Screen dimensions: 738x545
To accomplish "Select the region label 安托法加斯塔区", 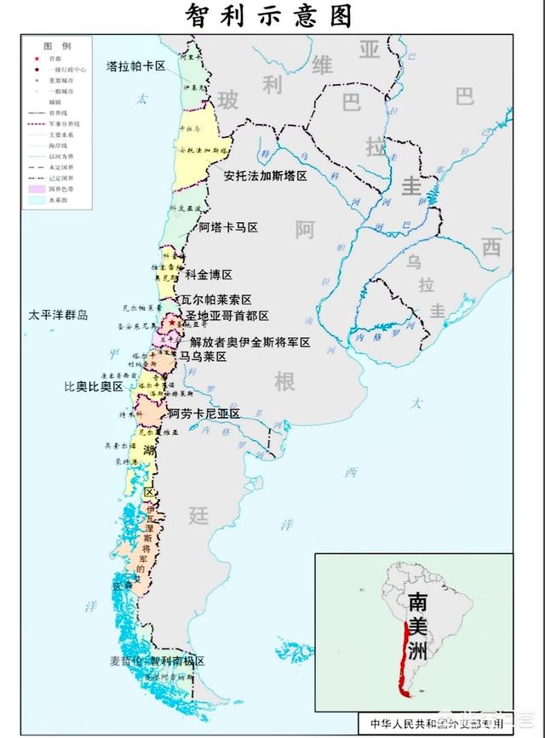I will (265, 176).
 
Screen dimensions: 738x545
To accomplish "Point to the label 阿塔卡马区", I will (228, 228).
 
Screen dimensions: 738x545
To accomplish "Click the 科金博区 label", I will (209, 275).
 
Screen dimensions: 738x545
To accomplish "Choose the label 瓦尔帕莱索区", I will (216, 300).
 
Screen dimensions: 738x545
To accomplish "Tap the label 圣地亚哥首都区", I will (227, 316).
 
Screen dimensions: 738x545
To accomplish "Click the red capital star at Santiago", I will (172, 323).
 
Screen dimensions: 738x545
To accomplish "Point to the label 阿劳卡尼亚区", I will (204, 414).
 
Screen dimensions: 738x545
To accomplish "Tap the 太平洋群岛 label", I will (58, 315).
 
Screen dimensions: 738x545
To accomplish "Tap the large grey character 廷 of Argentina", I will (198, 514).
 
